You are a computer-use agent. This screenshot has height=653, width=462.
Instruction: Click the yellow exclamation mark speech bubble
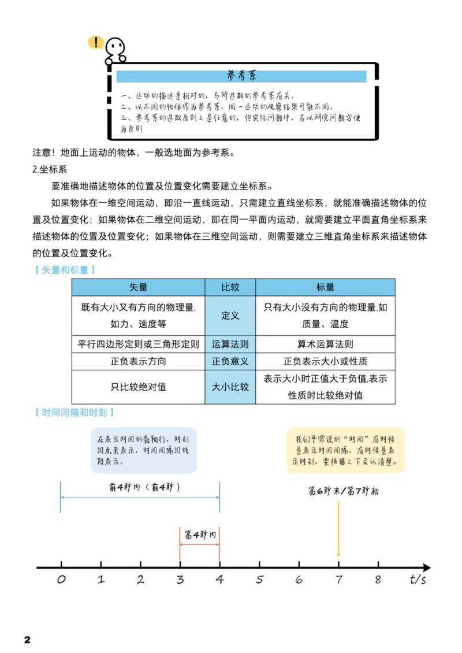tap(95, 42)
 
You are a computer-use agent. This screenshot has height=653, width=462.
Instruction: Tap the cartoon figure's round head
tap(115, 46)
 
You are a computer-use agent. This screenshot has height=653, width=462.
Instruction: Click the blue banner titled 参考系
tap(241, 76)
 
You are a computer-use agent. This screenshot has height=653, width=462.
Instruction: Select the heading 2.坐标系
tap(50, 170)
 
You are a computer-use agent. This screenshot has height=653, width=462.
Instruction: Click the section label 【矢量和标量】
tap(65, 270)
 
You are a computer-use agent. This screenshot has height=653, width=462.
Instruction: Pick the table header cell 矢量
tap(138, 287)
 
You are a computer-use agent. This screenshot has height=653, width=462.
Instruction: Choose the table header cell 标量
tap(325, 287)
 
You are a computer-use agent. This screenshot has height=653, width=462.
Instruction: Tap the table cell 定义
tap(230, 316)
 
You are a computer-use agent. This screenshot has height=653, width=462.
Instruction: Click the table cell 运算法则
tap(230, 344)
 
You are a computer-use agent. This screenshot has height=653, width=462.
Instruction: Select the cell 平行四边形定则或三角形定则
tap(138, 344)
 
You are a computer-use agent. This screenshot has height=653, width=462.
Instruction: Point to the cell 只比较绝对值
tap(138, 387)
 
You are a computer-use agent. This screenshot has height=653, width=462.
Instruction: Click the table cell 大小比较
tap(230, 387)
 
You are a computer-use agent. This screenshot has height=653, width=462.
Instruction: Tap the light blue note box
tap(144, 451)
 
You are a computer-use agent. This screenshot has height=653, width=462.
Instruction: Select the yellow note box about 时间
tap(346, 451)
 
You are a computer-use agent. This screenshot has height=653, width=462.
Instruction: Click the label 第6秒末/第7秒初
tap(344, 492)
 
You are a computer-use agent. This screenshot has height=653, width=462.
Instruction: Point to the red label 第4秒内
tap(200, 535)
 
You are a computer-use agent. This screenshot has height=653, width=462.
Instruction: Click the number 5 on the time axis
tap(259, 580)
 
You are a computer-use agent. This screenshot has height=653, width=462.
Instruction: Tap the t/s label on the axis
tap(418, 580)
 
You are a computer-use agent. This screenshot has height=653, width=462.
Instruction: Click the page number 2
tap(27, 640)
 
